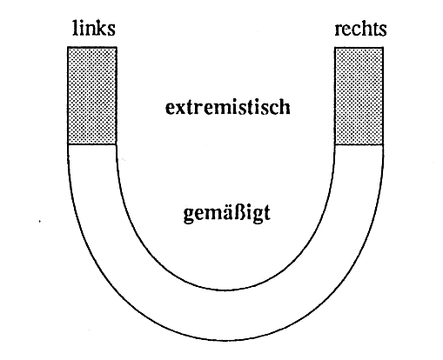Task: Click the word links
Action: pyautogui.click(x=94, y=28)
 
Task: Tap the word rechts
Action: pyautogui.click(x=360, y=29)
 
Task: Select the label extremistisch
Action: pyautogui.click(x=228, y=107)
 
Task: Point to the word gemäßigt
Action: pyautogui.click(x=227, y=214)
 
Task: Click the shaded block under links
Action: pyautogui.click(x=92, y=96)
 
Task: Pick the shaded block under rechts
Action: pyautogui.click(x=359, y=96)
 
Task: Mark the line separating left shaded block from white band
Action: pyautogui.click(x=92, y=144)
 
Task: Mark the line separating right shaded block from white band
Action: pyautogui.click(x=359, y=144)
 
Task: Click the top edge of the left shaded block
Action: pyautogui.click(x=92, y=47)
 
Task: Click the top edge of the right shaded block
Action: pyautogui.click(x=359, y=48)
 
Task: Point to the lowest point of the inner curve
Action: pyautogui.click(x=225, y=290)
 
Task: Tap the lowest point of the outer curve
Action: pyautogui.click(x=225, y=340)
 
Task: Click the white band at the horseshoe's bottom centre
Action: pyautogui.click(x=225, y=315)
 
